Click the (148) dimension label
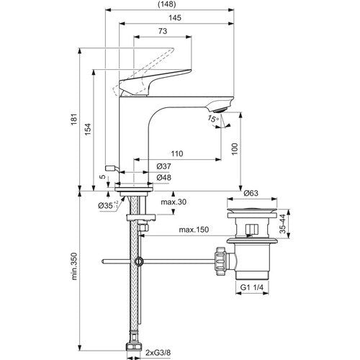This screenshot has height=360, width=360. (167, 4)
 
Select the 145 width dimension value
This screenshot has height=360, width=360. (175, 18)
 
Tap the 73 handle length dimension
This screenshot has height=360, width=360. (163, 31)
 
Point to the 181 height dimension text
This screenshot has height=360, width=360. (75, 119)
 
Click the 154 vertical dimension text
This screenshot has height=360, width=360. (89, 130)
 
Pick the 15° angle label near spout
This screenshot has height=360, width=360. (213, 119)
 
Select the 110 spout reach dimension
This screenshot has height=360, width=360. (177, 153)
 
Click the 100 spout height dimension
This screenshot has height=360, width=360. (235, 149)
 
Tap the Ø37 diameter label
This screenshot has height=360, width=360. (164, 166)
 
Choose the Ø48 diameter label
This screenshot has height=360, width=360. (164, 178)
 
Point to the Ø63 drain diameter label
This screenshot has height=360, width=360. (251, 193)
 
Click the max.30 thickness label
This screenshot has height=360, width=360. (174, 202)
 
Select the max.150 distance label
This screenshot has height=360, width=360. (194, 230)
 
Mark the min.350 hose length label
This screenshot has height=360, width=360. (75, 266)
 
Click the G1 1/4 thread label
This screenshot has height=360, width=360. (252, 287)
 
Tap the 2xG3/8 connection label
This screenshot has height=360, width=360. (158, 353)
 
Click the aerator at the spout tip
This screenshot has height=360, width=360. (220, 110)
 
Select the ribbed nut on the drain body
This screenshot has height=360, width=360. (220, 261)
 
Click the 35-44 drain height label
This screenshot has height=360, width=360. (284, 224)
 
